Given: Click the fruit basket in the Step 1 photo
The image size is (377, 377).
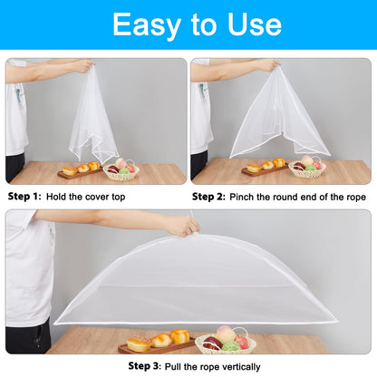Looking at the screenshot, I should [121, 169].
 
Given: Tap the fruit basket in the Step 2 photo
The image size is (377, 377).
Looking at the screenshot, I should [306, 167].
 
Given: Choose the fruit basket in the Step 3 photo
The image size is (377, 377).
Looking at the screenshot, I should [225, 341].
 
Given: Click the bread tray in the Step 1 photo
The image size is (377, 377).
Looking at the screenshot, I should [81, 169].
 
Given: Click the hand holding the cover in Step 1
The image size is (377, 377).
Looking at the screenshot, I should [82, 65].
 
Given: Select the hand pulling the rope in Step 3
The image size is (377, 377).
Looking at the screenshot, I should [181, 225].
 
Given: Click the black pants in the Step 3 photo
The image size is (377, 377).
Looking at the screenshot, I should [28, 337].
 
